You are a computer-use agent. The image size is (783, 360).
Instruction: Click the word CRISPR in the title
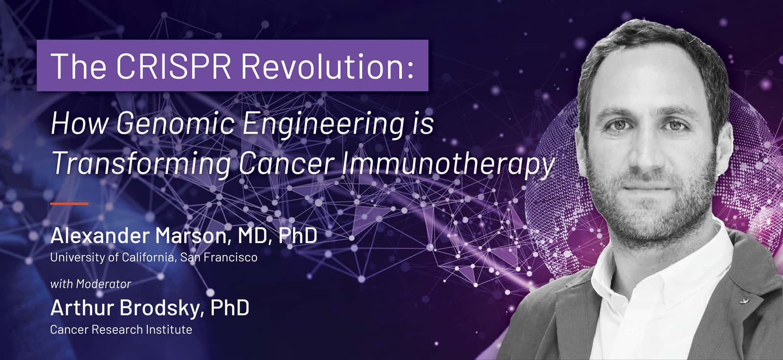click(x=173, y=66)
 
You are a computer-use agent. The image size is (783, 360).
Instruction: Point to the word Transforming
click(x=141, y=164)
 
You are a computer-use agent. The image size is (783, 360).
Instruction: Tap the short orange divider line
click(x=69, y=203)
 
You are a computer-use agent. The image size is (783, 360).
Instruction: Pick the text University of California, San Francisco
click(x=154, y=258)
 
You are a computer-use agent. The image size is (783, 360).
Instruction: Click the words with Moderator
click(x=91, y=284)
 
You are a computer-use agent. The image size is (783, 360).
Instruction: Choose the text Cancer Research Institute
click(x=121, y=330)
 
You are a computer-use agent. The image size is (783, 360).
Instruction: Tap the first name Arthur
click(x=83, y=308)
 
